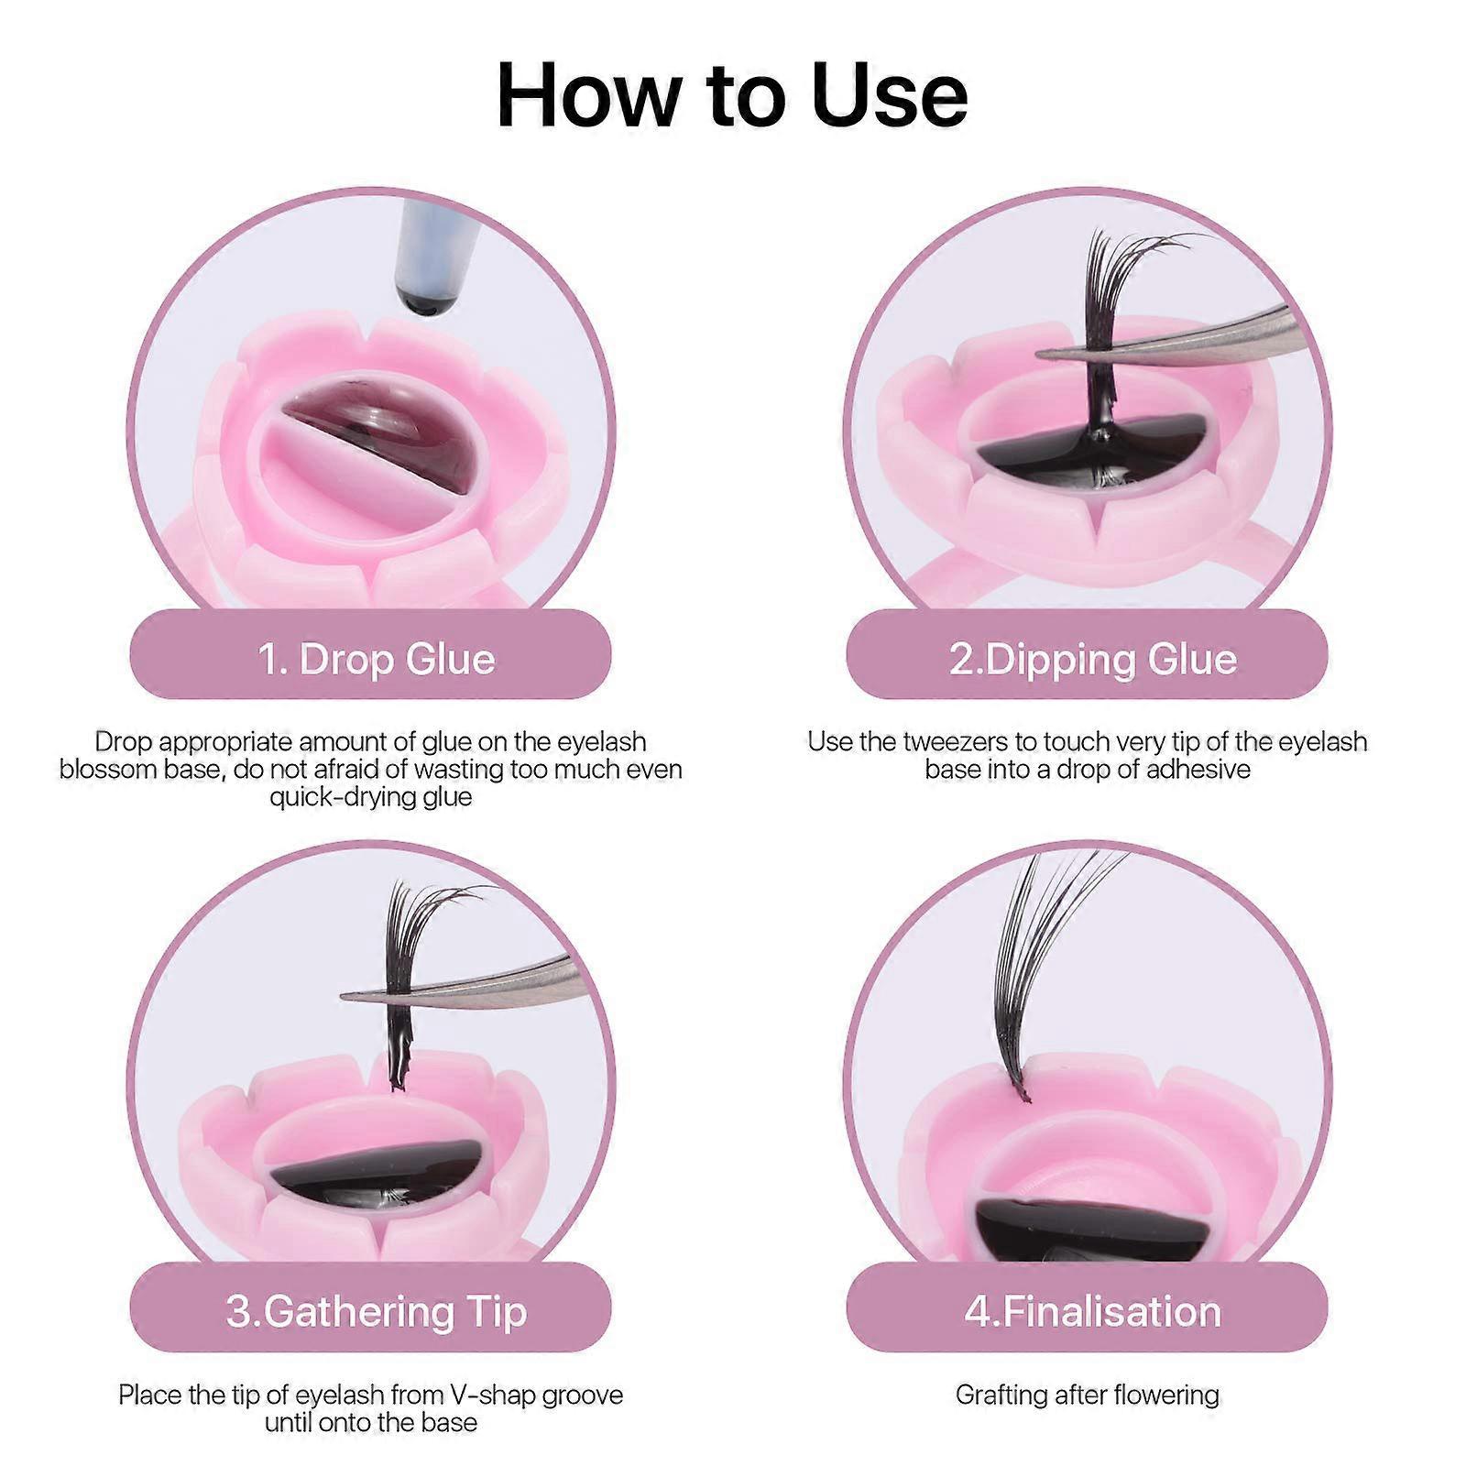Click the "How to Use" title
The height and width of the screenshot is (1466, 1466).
(x=732, y=95)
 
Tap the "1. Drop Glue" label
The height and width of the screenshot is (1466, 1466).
(x=377, y=660)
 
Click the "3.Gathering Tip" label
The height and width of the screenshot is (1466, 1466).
(x=377, y=1312)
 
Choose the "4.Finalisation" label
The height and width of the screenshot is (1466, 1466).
(x=1092, y=1312)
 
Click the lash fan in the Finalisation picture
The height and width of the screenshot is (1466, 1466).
(x=1054, y=971)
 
